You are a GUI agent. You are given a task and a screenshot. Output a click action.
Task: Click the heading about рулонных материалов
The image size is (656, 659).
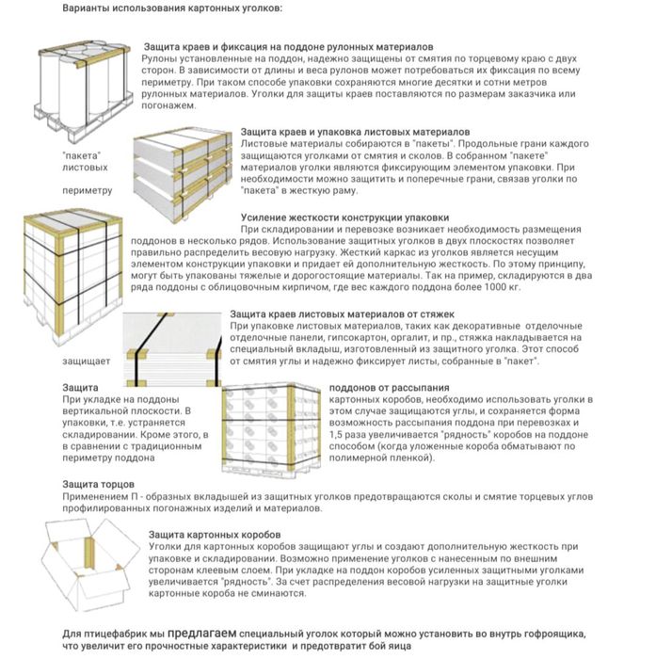(x=287, y=46)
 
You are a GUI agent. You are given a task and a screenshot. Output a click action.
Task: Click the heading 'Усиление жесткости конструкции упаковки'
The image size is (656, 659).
(x=344, y=217)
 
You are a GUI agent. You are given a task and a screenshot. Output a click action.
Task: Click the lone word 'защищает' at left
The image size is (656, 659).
(x=87, y=361)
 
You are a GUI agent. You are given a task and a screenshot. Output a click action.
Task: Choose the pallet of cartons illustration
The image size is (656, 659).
(x=273, y=428)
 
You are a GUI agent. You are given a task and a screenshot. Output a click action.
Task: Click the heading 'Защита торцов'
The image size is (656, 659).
(x=96, y=484)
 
